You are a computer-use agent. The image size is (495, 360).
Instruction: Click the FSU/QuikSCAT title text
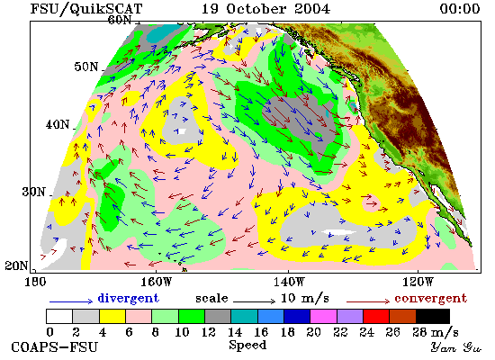tap(86, 8)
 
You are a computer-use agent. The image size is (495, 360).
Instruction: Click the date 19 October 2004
tap(265, 8)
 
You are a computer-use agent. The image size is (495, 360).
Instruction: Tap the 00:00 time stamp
tap(460, 8)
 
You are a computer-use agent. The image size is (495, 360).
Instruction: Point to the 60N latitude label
tap(120, 20)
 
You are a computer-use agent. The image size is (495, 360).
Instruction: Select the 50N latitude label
tap(86, 67)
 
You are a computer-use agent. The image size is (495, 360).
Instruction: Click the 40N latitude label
tap(58, 124)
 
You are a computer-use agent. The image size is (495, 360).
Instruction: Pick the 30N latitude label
tap(33, 192)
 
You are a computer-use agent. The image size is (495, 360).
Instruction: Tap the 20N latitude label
tap(16, 265)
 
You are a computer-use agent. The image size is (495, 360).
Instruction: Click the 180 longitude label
tap(35, 282)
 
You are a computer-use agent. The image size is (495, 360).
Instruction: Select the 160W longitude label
tap(156, 282)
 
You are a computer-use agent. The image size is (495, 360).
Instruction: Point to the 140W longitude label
tap(289, 282)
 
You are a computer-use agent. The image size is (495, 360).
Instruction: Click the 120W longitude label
tap(418, 282)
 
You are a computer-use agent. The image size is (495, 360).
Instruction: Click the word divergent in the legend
tap(128, 298)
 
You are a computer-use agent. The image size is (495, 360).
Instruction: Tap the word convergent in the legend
tap(430, 298)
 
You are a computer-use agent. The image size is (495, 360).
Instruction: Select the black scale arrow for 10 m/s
tap(254, 301)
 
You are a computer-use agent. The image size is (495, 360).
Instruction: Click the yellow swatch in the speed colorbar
tap(112, 317)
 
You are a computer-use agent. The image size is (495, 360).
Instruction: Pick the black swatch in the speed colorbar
tap(433, 317)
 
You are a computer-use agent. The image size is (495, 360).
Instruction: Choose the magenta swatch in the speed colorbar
tap(324, 317)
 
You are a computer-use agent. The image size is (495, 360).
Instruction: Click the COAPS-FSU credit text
tap(55, 347)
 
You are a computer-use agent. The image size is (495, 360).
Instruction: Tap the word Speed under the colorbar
tap(247, 346)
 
